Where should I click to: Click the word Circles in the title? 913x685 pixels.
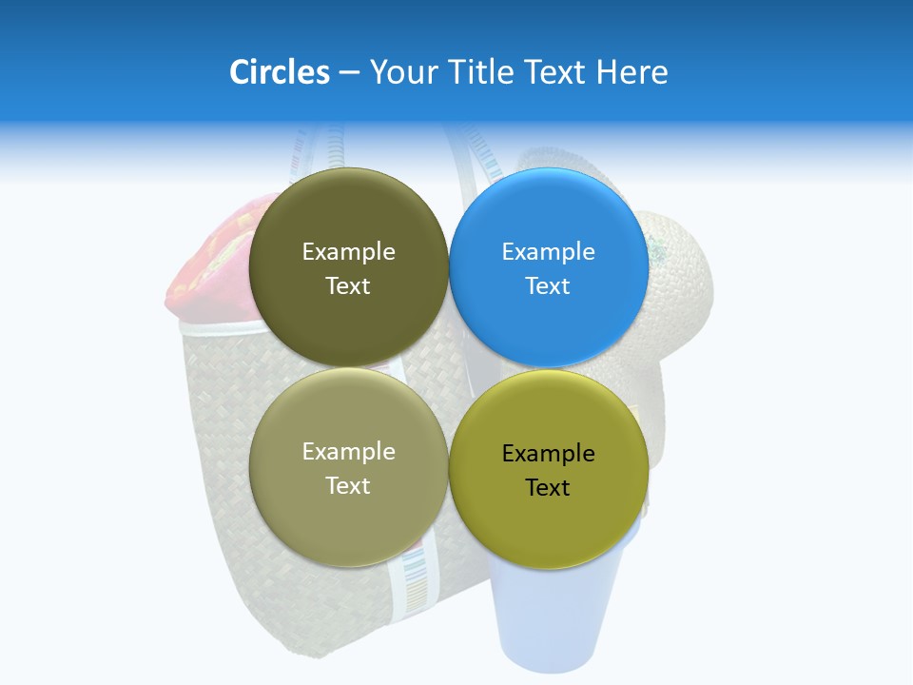pyautogui.click(x=279, y=72)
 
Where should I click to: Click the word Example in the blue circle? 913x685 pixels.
pyautogui.click(x=549, y=252)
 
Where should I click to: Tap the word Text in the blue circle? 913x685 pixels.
pyautogui.click(x=548, y=286)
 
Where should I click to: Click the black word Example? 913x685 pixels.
pyautogui.click(x=549, y=454)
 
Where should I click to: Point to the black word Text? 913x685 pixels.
pyautogui.click(x=548, y=488)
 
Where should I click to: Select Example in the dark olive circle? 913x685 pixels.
pyautogui.click(x=348, y=252)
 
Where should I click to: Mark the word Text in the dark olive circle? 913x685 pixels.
pyautogui.click(x=348, y=286)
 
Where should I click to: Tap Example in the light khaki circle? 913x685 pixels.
pyautogui.click(x=348, y=452)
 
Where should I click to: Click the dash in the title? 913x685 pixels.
pyautogui.click(x=349, y=73)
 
